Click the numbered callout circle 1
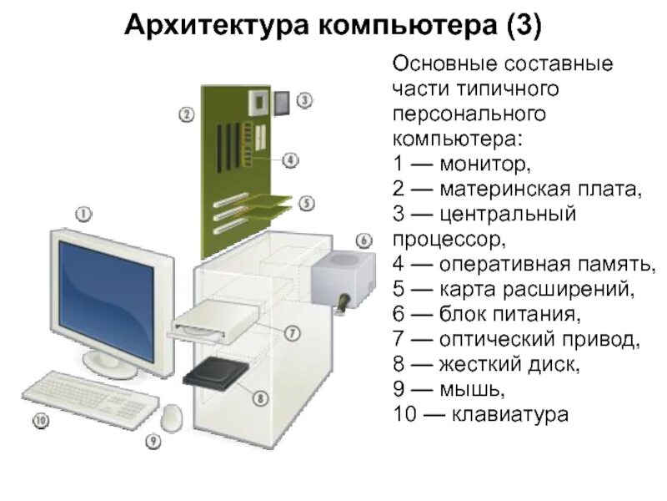(83, 213)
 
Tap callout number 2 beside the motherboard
(186, 114)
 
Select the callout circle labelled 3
(305, 100)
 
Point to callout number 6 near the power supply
(364, 240)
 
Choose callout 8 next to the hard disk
(261, 398)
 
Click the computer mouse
(173, 416)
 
